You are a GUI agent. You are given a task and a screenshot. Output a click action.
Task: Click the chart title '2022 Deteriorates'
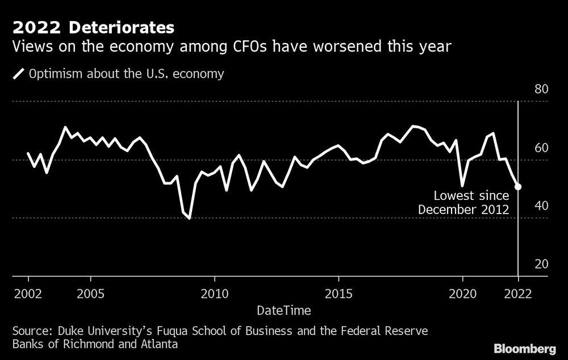click(93, 27)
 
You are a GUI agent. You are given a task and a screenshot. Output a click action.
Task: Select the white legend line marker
click(19, 73)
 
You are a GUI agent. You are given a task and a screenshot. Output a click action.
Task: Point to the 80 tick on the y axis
click(541, 90)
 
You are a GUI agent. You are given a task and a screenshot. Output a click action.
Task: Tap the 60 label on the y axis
click(541, 148)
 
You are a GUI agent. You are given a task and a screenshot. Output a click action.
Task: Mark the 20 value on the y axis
click(541, 264)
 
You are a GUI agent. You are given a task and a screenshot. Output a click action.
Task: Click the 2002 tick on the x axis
click(28, 295)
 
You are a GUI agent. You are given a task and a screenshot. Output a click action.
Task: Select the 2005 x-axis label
click(90, 295)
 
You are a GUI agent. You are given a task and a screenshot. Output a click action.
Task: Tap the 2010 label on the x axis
click(215, 295)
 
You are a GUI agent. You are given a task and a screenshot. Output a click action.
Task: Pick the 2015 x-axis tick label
click(339, 295)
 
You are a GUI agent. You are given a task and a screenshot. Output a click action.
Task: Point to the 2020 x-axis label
click(462, 295)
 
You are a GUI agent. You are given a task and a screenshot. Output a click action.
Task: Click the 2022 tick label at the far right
click(518, 295)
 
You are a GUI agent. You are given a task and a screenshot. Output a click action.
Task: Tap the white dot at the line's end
click(518, 186)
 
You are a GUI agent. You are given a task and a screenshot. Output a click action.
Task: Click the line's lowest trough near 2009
click(189, 218)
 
